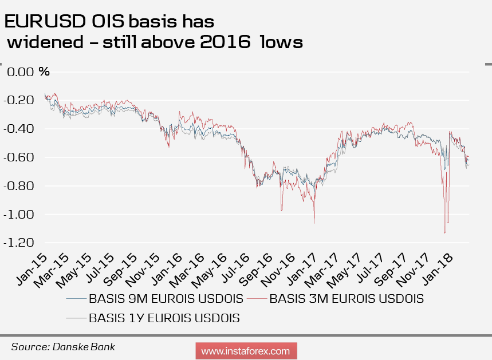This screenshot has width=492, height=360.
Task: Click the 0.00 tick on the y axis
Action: [x=19, y=72]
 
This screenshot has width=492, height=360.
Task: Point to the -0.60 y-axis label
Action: [x=19, y=157]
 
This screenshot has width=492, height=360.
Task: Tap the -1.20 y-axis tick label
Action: [x=19, y=243]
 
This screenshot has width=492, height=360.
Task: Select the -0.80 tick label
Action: [x=19, y=186]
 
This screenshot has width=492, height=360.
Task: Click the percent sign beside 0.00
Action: [x=44, y=72]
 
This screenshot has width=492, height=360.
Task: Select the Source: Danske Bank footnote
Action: [x=63, y=346]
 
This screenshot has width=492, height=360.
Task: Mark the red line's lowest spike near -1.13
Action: [x=444, y=233]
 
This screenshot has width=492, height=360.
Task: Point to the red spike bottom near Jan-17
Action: [x=314, y=223]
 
